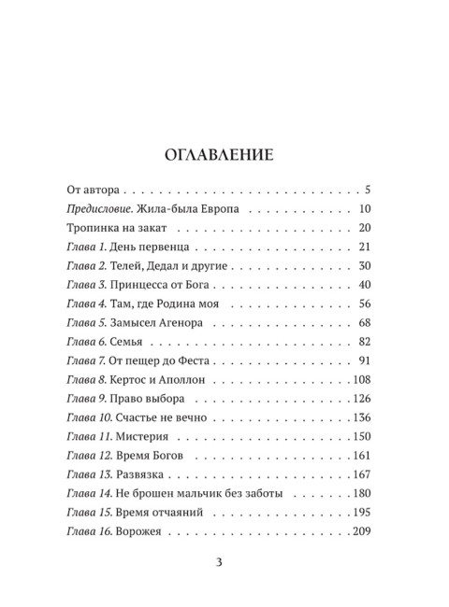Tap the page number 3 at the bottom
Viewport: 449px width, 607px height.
coord(221,561)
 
